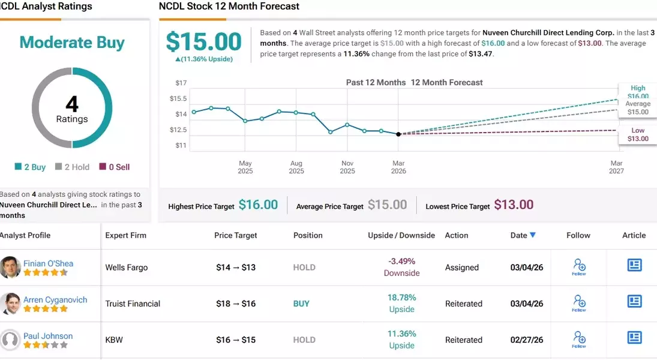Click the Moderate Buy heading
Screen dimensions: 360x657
(72, 43)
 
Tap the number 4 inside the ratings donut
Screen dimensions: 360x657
(72, 104)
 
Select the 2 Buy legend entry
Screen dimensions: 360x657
(31, 167)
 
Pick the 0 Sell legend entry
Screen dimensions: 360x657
(115, 167)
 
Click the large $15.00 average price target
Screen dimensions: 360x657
(203, 42)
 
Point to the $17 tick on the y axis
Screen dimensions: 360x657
(180, 83)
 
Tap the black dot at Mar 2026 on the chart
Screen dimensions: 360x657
(398, 134)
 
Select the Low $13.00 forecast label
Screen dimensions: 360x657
(638, 134)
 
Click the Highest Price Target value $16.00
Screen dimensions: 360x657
(258, 205)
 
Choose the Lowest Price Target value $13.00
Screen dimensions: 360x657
(514, 205)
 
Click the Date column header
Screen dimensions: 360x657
(523, 235)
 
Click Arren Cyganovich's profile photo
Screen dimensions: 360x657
(10, 304)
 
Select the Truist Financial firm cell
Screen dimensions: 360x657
(133, 304)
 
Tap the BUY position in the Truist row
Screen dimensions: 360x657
(301, 304)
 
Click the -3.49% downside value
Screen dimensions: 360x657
(401, 262)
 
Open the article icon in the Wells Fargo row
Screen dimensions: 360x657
(634, 265)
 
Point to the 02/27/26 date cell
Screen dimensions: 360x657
(526, 340)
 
